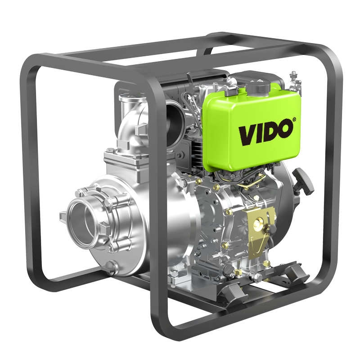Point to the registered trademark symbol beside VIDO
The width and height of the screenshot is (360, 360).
coord(294,119)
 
